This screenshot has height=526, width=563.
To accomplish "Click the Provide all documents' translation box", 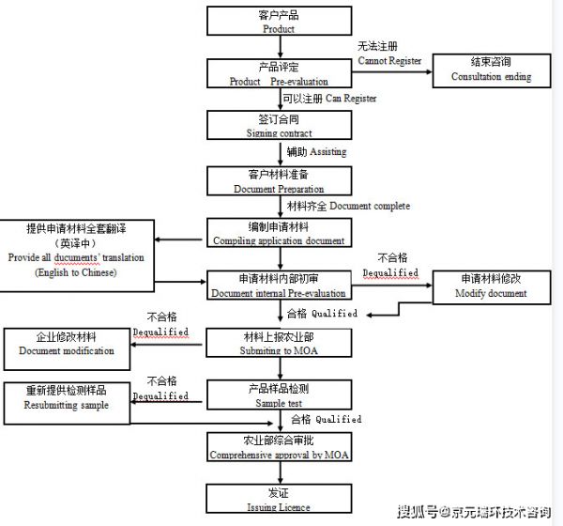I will click(x=76, y=250).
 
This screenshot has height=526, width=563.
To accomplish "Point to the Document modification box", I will click(x=67, y=344).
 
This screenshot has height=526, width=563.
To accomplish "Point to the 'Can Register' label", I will click(x=329, y=98).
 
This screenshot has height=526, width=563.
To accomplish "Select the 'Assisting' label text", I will click(x=314, y=151).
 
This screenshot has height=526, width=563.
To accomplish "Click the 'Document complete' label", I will click(x=347, y=206).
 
